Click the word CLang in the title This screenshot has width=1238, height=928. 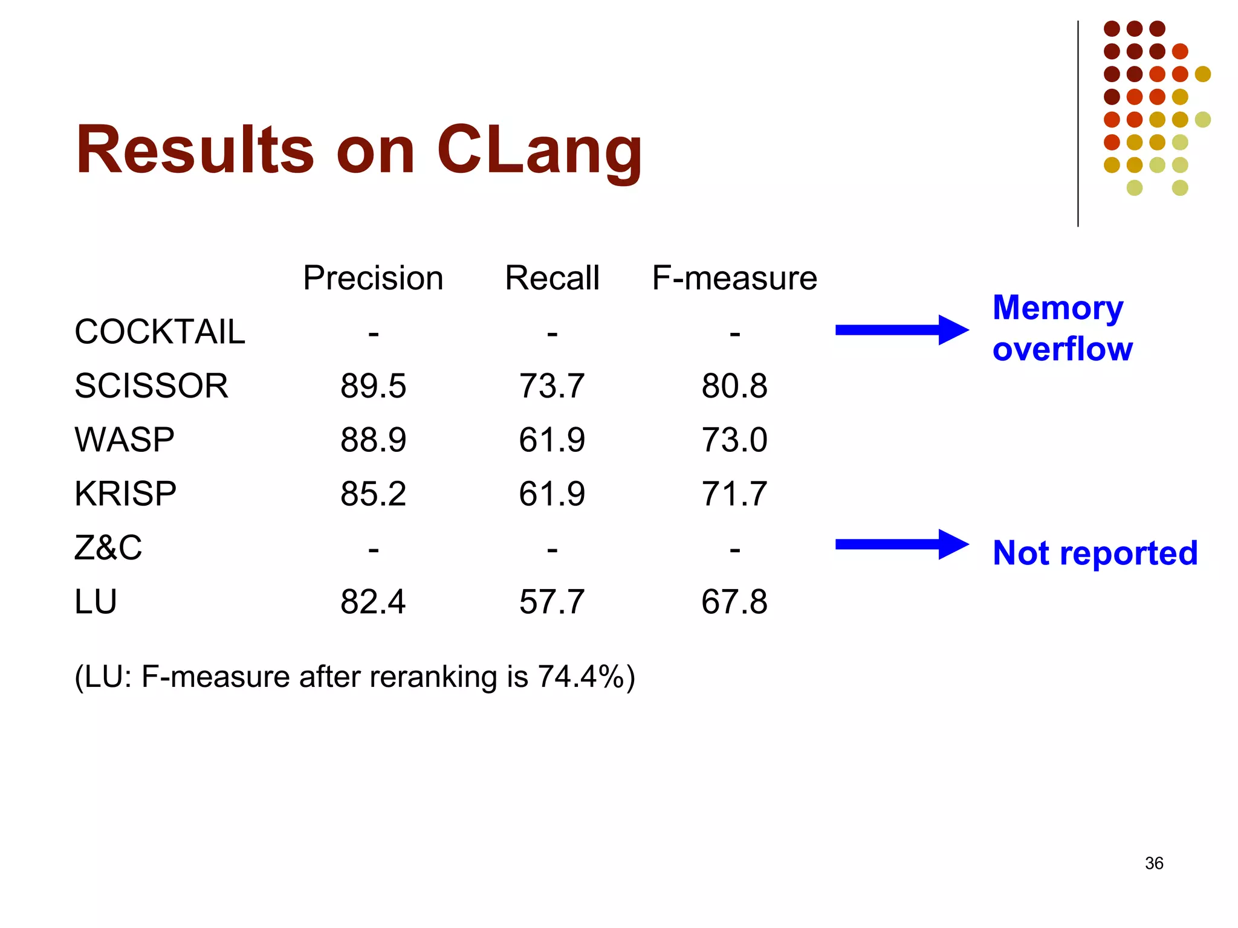pyautogui.click(x=539, y=151)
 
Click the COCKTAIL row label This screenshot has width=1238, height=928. pyautogui.click(x=160, y=332)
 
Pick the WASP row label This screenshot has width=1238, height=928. pyautogui.click(x=124, y=439)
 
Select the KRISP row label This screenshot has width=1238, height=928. pyautogui.click(x=125, y=494)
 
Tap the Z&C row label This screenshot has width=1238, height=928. pyautogui.click(x=108, y=547)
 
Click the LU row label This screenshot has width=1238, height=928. pyautogui.click(x=96, y=602)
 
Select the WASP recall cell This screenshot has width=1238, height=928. pyautogui.click(x=552, y=439)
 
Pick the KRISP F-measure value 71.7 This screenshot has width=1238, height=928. pyautogui.click(x=734, y=494)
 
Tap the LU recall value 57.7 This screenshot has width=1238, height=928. pyautogui.click(x=552, y=602)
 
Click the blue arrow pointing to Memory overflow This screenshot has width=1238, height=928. pyautogui.click(x=901, y=330)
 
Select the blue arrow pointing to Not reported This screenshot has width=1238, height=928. pyautogui.click(x=901, y=544)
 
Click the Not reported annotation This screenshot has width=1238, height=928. pyautogui.click(x=1095, y=553)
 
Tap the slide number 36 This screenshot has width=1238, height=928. pyautogui.click(x=1154, y=863)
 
